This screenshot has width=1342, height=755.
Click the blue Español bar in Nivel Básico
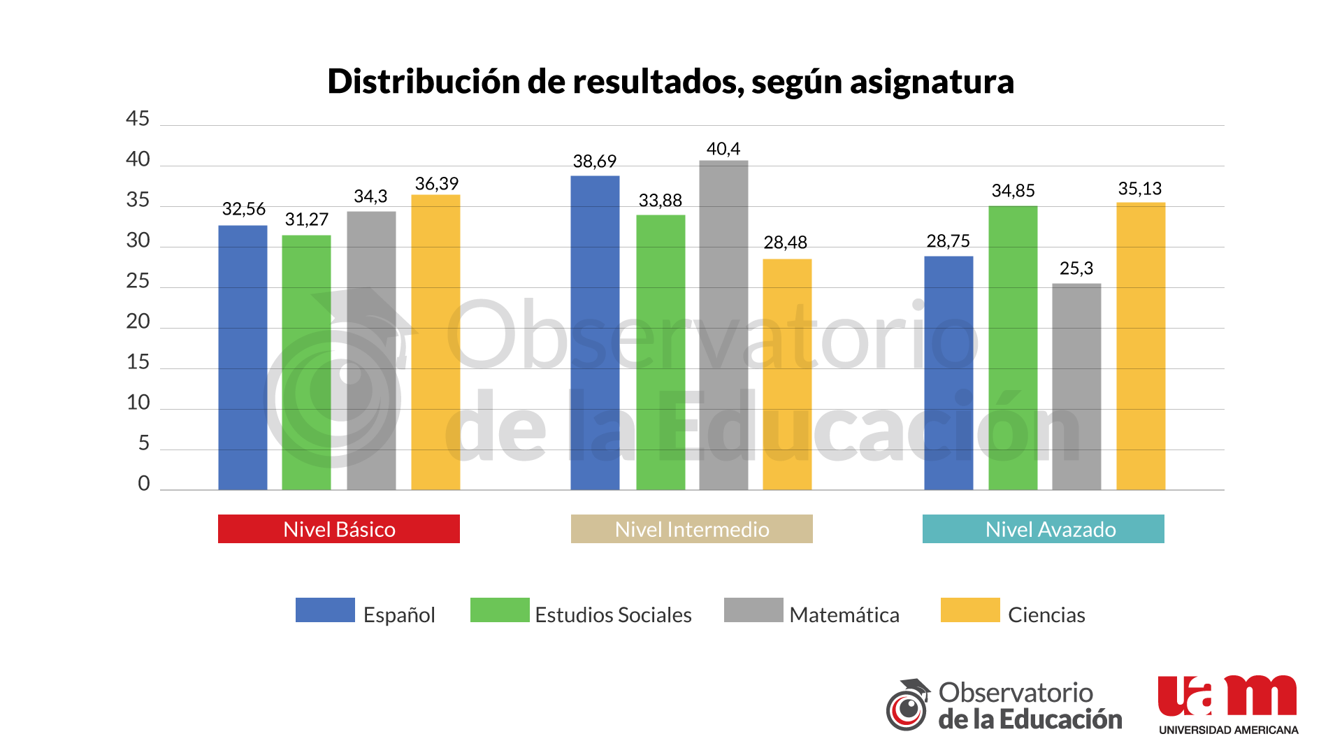(243, 357)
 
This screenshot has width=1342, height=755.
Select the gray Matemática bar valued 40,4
(723, 325)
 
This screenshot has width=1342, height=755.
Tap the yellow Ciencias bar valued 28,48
(787, 374)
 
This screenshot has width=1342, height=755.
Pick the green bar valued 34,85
(1013, 347)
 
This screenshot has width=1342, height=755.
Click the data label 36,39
(437, 184)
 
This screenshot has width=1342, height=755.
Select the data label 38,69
(595, 161)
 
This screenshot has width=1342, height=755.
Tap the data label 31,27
(306, 220)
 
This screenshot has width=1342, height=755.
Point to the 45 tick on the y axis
(138, 119)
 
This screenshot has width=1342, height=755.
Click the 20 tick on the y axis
(138, 322)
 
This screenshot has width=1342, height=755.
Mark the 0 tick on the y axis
(143, 483)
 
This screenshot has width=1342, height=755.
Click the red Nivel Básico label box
(339, 529)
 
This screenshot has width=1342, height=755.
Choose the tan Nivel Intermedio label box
(692, 529)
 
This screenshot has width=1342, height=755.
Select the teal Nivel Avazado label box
(1044, 529)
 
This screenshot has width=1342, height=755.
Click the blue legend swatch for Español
(325, 610)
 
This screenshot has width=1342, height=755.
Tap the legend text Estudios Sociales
(613, 614)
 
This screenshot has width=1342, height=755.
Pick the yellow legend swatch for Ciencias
(970, 610)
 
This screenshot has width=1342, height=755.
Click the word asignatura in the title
(932, 82)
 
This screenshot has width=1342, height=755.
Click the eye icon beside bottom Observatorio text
(908, 707)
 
